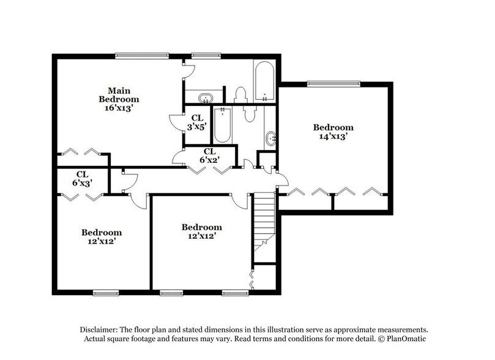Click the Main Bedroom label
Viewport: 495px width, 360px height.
[x=119, y=94]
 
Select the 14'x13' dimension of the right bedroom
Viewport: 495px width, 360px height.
[x=333, y=137]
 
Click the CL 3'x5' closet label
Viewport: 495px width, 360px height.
[x=197, y=122]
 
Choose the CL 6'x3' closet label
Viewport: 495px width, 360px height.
[x=81, y=178]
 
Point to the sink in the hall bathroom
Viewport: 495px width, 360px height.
[x=271, y=138]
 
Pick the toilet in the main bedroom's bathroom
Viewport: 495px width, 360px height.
[x=240, y=94]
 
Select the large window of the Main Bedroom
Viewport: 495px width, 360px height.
[x=141, y=56]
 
